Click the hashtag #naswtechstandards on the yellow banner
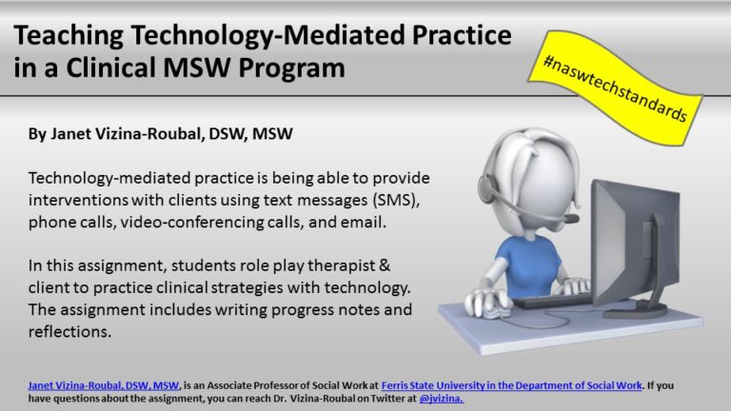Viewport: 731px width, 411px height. tap(615, 88)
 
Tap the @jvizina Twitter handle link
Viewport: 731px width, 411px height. tap(442, 399)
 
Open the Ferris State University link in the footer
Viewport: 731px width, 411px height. tap(511, 386)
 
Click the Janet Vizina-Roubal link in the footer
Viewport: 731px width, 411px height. tap(104, 386)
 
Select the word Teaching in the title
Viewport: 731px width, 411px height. tap(69, 36)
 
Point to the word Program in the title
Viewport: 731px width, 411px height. tap(292, 68)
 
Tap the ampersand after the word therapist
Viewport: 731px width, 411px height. tap(385, 265)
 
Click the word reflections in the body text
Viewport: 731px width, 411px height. tap(69, 332)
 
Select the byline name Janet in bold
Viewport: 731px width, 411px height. tap(69, 134)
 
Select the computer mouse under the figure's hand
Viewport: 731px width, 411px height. tap(494, 311)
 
